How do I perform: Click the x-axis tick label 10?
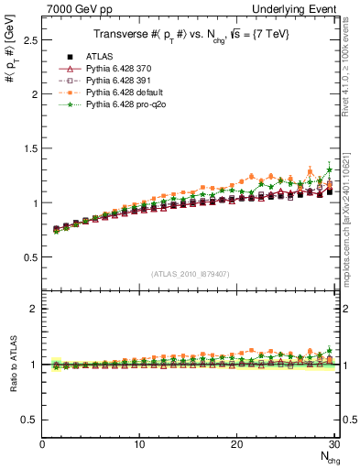point(139,444)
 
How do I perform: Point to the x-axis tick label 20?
point(236,444)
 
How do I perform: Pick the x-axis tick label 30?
point(333,444)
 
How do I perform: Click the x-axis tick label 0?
point(43,444)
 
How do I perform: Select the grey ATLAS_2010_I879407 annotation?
point(191,273)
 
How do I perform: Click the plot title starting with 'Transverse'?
point(191,35)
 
